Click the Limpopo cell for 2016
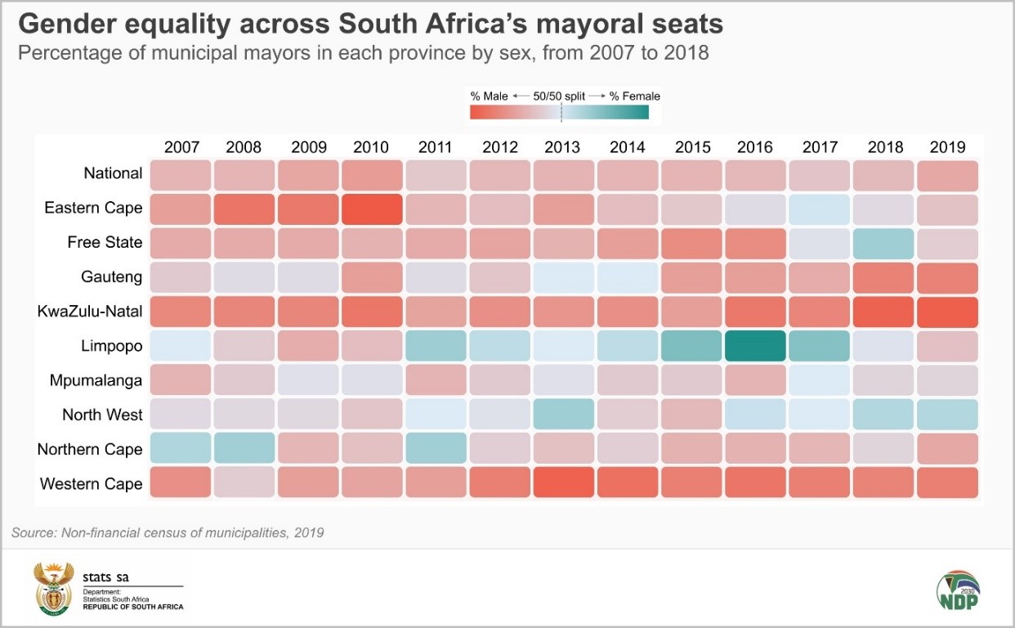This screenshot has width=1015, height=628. point(755,346)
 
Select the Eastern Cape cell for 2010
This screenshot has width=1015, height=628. point(371,209)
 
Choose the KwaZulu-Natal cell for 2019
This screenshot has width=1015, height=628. point(948,312)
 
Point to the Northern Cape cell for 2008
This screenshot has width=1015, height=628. point(244,449)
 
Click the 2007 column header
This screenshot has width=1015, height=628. point(181,147)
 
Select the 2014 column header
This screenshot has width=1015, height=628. point(628,147)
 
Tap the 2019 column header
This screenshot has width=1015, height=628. point(948,147)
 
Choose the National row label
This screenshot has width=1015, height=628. point(113,173)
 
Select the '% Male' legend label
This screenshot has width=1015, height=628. point(490,96)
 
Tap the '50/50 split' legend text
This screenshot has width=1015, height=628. point(560,96)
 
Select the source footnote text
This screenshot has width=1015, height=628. point(168,533)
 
